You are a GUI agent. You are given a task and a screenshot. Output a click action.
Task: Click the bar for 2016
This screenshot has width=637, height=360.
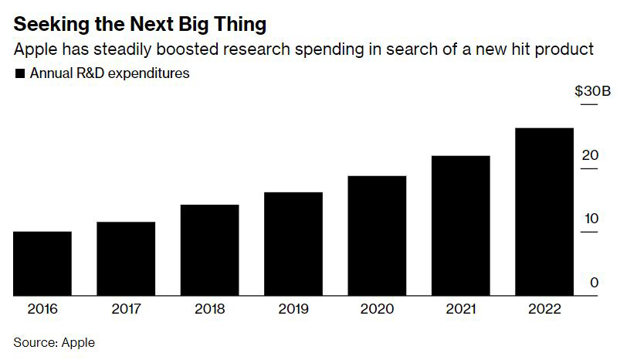tap(42, 263)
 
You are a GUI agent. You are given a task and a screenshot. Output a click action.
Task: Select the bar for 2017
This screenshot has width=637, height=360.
tap(126, 259)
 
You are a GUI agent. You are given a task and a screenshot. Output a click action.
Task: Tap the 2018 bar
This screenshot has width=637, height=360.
tap(209, 250)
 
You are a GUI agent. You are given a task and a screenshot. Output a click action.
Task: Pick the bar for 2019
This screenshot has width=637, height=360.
tap(293, 244)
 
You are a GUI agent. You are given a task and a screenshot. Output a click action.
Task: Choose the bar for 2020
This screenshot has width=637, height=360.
tap(377, 236)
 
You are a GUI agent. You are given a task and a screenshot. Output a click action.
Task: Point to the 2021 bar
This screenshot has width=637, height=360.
tap(460, 226)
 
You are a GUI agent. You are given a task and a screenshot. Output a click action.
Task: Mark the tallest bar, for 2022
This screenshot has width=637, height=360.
tap(544, 212)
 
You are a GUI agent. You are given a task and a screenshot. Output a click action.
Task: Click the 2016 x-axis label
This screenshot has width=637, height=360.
tap(42, 309)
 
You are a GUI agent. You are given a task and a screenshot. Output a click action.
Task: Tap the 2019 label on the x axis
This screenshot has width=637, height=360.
tap(293, 309)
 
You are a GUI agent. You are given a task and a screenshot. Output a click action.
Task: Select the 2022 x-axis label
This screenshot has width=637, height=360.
tap(544, 309)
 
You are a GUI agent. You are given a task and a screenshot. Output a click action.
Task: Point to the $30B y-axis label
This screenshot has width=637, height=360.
tap(592, 91)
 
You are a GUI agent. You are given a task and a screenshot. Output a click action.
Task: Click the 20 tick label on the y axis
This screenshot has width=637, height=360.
tap(591, 155)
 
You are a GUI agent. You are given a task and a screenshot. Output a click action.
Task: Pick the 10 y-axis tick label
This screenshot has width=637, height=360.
tap(591, 219)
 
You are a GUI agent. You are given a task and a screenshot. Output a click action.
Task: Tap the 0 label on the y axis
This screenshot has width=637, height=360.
tap(594, 283)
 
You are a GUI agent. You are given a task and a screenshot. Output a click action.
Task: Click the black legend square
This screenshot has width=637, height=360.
tap(19, 75)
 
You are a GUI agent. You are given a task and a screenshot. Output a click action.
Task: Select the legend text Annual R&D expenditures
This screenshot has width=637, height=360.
tap(110, 74)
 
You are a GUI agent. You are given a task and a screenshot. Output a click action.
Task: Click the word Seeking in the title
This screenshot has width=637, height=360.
tap(46, 24)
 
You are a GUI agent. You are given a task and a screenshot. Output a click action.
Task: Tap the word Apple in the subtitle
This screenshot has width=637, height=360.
tap(34, 50)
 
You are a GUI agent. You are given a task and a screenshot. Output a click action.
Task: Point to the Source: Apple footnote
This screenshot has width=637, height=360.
tap(54, 342)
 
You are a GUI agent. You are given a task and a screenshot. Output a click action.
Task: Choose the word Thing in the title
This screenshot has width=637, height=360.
tap(239, 24)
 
